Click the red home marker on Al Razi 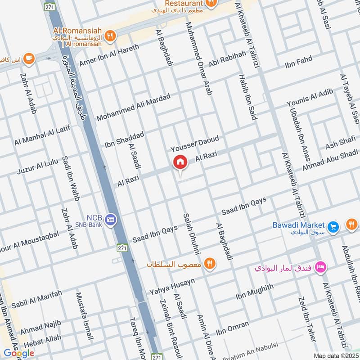[x=180, y=162]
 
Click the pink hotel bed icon [x=321, y=267]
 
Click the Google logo [x=19, y=353]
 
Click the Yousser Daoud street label [x=194, y=144]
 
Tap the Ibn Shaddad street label [x=124, y=139]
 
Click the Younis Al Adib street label [x=310, y=99]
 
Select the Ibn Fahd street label [x=298, y=63]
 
